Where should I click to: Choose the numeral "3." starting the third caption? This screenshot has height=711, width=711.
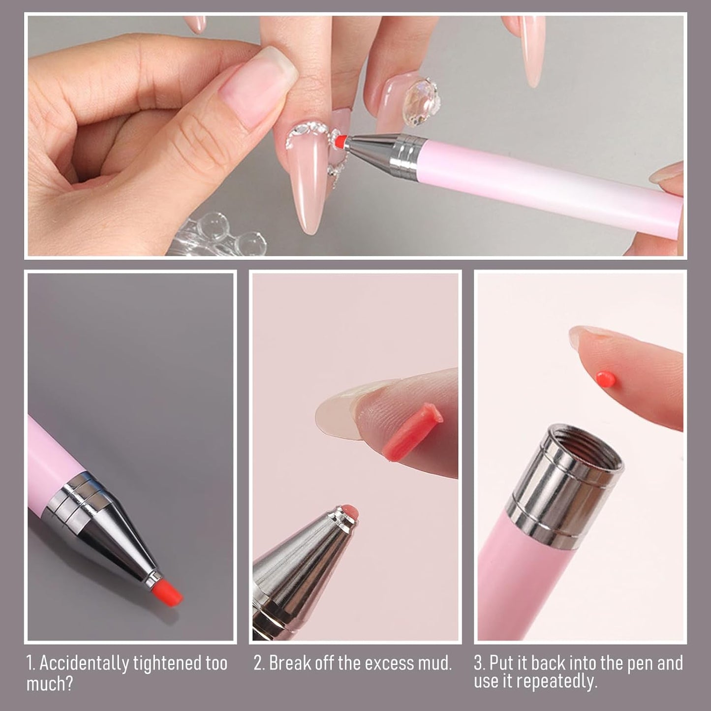point(480,663)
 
